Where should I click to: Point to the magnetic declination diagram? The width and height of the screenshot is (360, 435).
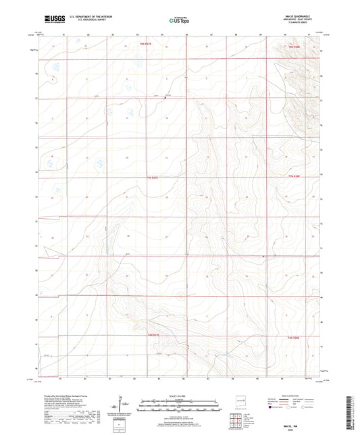[122, 405]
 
